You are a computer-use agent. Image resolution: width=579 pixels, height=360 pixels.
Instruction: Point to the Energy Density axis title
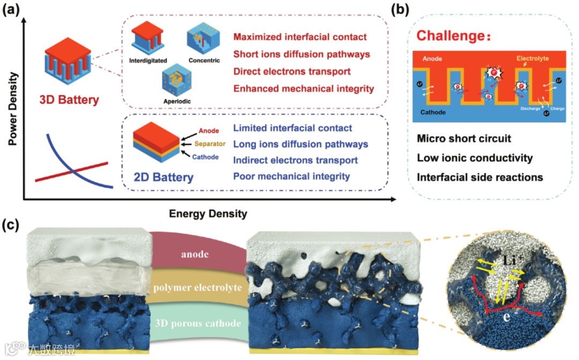click(x=208, y=214)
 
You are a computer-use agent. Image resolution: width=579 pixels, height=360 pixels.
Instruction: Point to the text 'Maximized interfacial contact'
click(x=300, y=38)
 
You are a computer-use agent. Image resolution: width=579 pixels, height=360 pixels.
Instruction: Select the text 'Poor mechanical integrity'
click(x=292, y=176)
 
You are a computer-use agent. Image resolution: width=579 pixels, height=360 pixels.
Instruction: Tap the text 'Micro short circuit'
click(x=464, y=139)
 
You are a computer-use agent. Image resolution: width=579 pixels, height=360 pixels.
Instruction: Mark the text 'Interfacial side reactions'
click(x=480, y=177)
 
